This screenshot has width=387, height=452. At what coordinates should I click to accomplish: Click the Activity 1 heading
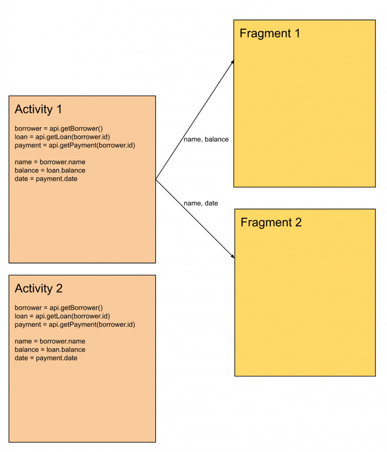click(38, 109)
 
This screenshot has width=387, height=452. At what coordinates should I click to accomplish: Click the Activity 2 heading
click(38, 289)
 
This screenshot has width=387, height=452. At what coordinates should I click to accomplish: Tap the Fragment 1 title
click(270, 34)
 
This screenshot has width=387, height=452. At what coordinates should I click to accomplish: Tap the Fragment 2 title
click(271, 222)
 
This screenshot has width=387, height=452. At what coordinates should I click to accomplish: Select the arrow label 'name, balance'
click(206, 139)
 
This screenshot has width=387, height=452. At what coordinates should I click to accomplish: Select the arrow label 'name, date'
click(201, 203)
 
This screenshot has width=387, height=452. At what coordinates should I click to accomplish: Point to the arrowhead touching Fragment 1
click(232, 63)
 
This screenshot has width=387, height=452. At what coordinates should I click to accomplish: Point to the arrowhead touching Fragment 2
click(232, 256)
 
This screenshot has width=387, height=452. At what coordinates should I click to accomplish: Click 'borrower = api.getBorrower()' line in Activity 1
click(59, 129)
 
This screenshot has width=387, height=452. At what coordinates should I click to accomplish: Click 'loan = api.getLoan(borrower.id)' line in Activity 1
click(62, 137)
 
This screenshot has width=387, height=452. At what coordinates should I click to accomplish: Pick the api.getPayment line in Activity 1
click(75, 146)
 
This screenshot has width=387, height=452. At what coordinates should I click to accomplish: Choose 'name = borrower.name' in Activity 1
click(50, 162)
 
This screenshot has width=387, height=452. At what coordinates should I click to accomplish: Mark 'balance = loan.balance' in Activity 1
click(50, 171)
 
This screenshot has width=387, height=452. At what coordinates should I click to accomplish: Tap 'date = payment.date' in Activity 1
click(46, 179)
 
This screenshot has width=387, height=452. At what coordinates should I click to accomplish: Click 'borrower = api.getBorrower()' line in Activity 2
click(59, 308)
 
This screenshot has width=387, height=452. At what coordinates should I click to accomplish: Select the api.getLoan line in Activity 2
click(62, 316)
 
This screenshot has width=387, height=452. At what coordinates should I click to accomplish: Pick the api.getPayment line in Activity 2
click(75, 325)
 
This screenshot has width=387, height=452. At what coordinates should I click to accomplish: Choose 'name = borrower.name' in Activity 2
click(50, 342)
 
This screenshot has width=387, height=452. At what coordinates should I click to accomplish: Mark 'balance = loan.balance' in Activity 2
click(50, 350)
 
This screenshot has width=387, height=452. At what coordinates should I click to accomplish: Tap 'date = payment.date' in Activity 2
click(46, 358)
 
